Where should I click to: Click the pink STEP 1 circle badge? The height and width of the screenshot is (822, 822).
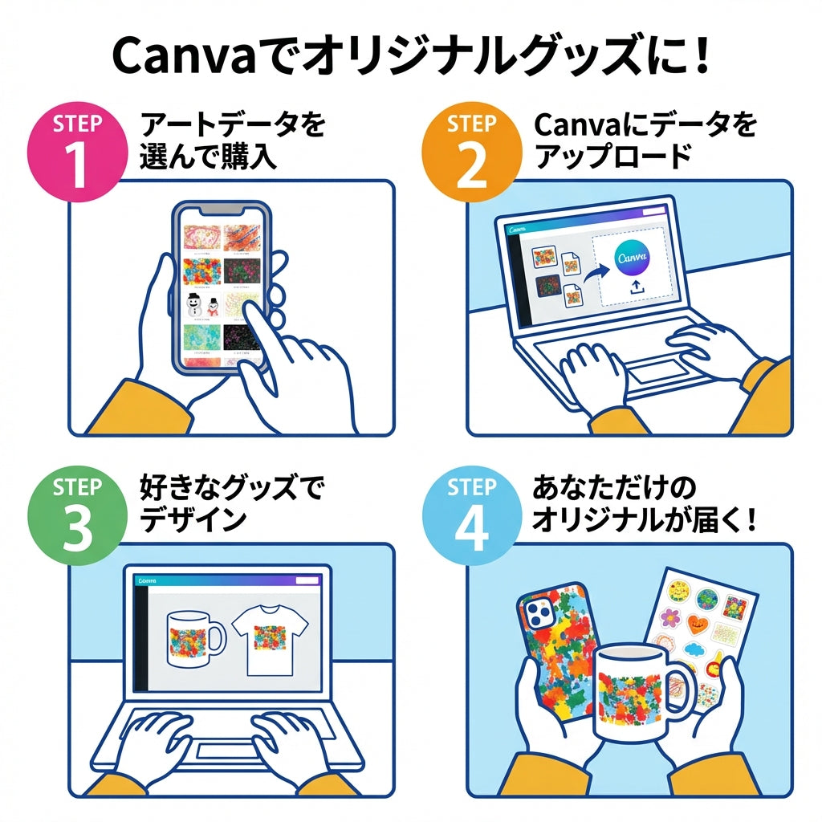(77, 150)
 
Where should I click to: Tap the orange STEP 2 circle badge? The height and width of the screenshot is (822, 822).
(471, 150)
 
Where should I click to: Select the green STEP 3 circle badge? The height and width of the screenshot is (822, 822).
(77, 514)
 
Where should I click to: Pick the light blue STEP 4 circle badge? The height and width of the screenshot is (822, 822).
(471, 514)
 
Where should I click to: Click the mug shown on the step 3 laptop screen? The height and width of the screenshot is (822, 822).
(193, 638)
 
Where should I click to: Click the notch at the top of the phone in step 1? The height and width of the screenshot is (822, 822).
(219, 209)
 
